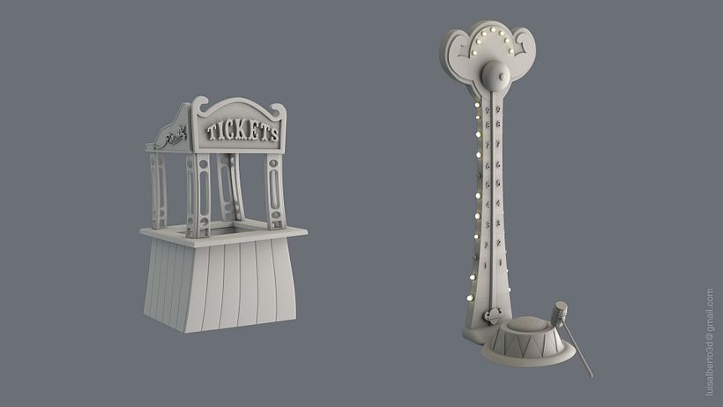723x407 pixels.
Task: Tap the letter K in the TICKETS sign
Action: (238, 132)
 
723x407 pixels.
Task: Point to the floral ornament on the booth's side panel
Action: (170, 137)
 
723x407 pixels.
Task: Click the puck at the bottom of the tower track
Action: (492, 313)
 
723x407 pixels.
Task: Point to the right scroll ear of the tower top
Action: (522, 41)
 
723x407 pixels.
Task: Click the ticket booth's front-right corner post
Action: (276, 192)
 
